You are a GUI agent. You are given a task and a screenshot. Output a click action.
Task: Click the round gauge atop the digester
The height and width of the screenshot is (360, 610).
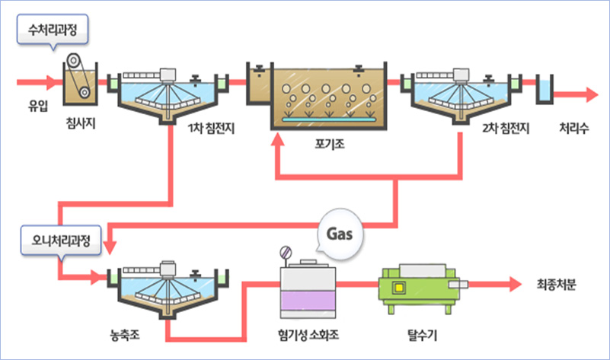[x=286, y=252]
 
